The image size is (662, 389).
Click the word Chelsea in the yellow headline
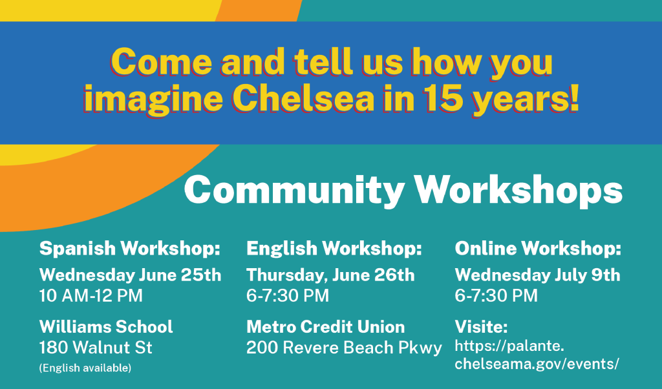click(304, 98)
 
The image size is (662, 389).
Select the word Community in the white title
click(294, 190)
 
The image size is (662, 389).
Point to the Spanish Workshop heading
click(130, 248)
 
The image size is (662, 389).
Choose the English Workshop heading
click(334, 248)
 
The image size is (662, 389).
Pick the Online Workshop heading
click(538, 248)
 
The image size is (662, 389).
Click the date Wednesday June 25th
click(130, 275)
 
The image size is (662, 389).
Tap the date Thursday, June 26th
click(330, 275)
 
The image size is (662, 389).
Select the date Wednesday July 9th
click(537, 275)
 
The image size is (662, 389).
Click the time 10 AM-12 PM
click(91, 295)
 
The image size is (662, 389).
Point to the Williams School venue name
click(106, 326)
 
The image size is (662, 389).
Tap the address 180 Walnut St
click(96, 347)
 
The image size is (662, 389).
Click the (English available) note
click(85, 368)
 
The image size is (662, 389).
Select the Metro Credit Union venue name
click(326, 326)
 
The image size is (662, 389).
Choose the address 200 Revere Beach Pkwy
click(344, 348)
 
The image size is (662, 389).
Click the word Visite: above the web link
click(481, 326)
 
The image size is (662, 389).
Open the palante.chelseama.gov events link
click(537, 354)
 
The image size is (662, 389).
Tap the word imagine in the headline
click(153, 99)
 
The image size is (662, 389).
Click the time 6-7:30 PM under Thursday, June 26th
click(288, 295)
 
